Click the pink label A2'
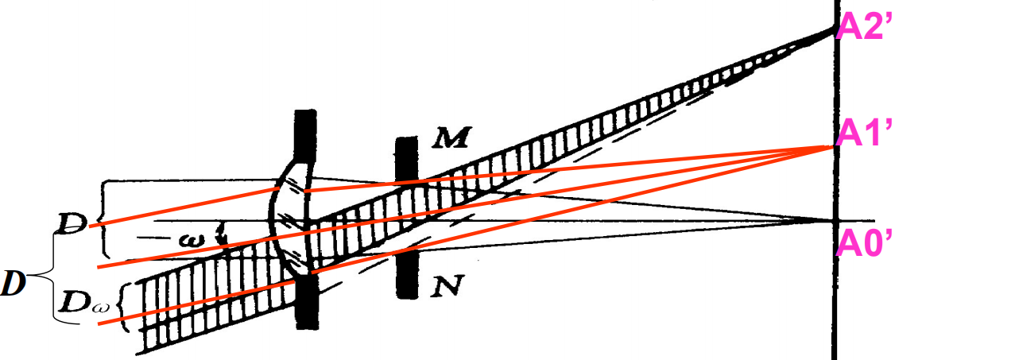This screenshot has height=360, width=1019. pos(866,27)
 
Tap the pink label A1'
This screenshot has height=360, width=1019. pos(866,136)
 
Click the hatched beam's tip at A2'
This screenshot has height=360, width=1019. pos(831,30)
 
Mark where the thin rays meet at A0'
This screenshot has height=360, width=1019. pos(833,219)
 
